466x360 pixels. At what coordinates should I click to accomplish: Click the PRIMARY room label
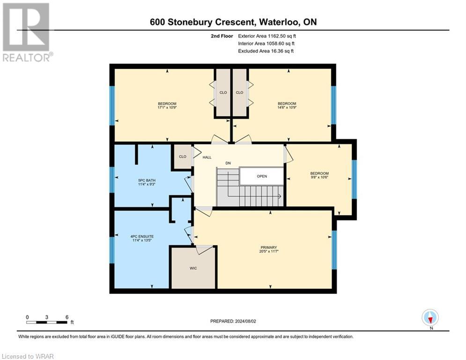269,247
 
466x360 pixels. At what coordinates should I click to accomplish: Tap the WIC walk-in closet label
193,268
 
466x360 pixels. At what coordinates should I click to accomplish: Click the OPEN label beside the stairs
262,177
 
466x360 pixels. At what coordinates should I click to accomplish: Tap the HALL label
207,157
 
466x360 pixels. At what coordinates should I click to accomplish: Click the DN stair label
228,163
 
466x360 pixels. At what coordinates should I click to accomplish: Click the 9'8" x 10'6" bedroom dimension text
319,178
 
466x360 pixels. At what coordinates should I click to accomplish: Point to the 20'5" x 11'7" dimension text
269,252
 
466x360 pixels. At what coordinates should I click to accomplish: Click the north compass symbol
430,318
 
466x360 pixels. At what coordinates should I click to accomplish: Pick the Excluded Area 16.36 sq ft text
266,51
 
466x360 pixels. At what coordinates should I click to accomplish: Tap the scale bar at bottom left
47,322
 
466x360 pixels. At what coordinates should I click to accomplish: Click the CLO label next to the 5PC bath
183,157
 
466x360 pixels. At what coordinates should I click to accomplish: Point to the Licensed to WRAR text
29,356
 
